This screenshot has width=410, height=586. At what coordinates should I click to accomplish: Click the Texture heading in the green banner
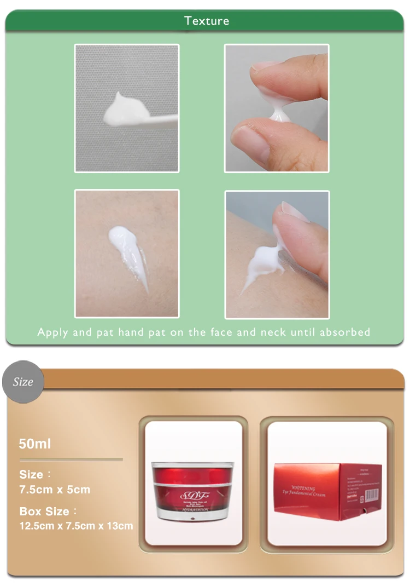tap(207, 21)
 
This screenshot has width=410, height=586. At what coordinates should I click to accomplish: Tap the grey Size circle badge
tap(23, 382)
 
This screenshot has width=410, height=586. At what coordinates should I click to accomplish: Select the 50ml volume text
tap(34, 444)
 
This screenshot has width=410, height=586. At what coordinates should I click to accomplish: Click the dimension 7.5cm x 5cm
tap(55, 490)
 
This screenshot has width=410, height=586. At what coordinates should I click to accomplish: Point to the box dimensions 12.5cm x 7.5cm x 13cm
tap(76, 526)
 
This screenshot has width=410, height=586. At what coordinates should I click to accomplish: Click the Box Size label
tap(44, 512)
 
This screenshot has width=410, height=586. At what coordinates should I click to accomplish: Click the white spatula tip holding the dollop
tap(159, 119)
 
